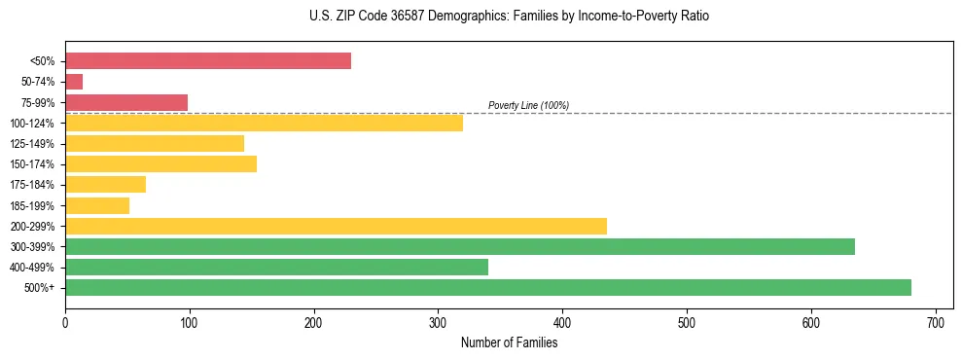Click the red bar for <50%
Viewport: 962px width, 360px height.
click(x=207, y=61)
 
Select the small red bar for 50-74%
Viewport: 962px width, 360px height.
click(x=74, y=82)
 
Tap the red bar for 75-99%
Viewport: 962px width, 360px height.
click(x=126, y=102)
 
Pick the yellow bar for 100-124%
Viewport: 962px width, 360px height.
click(x=264, y=123)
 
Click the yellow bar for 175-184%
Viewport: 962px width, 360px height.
click(x=105, y=184)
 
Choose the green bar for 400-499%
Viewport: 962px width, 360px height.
click(x=276, y=267)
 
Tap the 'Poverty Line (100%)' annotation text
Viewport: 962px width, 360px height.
click(x=528, y=105)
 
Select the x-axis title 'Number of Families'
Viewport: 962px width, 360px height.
click(x=509, y=342)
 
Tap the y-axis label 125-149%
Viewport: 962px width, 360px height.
click(x=32, y=144)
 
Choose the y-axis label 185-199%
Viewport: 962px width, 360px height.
click(x=32, y=205)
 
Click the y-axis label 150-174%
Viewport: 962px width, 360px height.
click(x=32, y=164)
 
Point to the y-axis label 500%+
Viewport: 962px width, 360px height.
click(x=39, y=288)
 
